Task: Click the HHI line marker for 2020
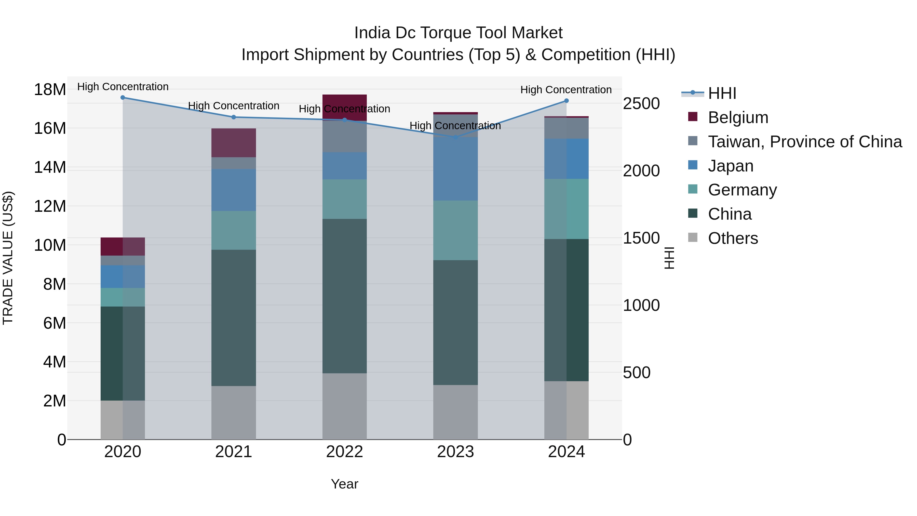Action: pos(123,98)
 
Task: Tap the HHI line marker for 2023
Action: pos(455,137)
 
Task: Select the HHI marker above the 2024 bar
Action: pos(566,101)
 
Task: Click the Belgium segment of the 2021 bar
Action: pos(234,143)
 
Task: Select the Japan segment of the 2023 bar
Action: pos(455,169)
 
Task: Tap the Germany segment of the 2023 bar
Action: pos(455,230)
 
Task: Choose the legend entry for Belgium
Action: pos(738,117)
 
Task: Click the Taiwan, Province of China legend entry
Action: pos(804,142)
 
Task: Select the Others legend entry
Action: pos(733,238)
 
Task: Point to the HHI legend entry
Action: pos(722,93)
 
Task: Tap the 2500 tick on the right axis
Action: pos(641,104)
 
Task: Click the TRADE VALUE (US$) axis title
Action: pos(8,258)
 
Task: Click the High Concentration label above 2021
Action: pos(234,106)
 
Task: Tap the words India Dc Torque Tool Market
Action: pos(458,33)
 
